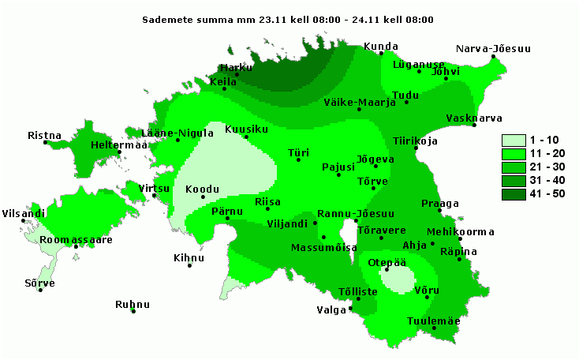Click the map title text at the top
click(x=288, y=19)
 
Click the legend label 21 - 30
click(x=550, y=167)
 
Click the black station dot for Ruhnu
click(x=133, y=312)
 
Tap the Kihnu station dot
click(x=189, y=265)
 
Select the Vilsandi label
click(x=23, y=213)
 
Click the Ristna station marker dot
click(x=46, y=143)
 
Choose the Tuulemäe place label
click(x=433, y=321)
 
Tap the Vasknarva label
click(x=474, y=118)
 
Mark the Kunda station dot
click(x=381, y=54)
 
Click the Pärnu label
click(x=228, y=212)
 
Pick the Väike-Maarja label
click(x=359, y=102)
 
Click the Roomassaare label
click(x=76, y=239)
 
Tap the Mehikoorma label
click(x=460, y=231)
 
